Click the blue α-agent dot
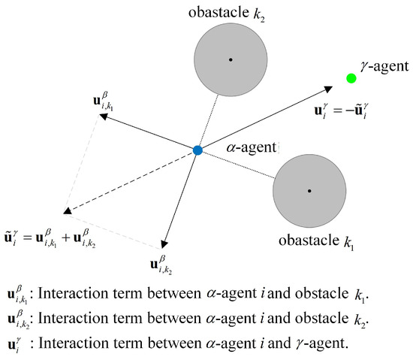(x=197, y=150)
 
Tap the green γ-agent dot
(x=351, y=78)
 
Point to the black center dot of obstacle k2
(x=231, y=59)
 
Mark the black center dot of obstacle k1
(x=309, y=191)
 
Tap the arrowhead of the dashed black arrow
(x=68, y=211)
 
